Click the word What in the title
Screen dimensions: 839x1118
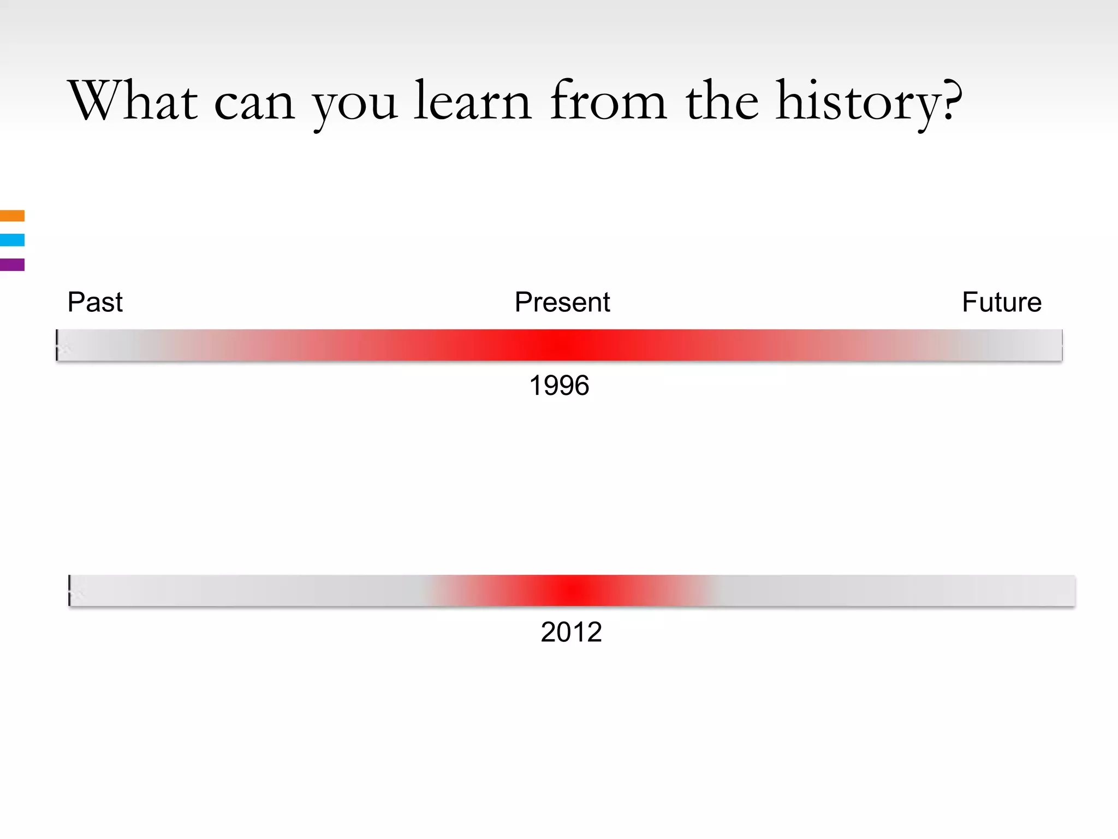click(x=133, y=101)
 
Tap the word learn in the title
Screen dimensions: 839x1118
click(x=472, y=101)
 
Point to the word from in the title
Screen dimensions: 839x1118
click(x=608, y=101)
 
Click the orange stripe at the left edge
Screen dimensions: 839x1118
click(x=12, y=216)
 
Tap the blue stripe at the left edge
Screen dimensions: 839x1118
click(x=12, y=240)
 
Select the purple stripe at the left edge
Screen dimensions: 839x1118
click(x=12, y=264)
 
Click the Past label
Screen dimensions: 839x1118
click(x=95, y=302)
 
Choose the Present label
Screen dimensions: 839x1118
click(x=562, y=302)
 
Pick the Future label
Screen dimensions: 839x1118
click(x=1002, y=302)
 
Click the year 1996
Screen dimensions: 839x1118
click(x=559, y=386)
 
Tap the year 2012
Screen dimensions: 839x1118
click(x=571, y=632)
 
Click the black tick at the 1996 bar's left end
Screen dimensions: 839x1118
click(x=57, y=345)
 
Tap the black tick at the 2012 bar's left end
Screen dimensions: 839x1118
click(x=69, y=590)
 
